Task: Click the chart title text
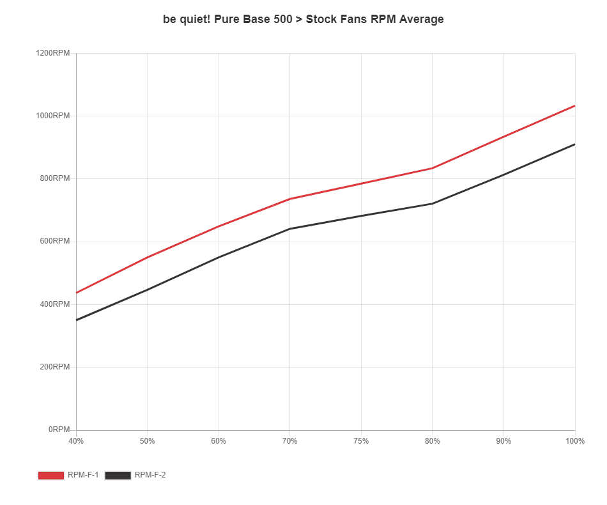(303, 19)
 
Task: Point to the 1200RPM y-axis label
(53, 53)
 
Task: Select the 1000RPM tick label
(53, 116)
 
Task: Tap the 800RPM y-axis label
(54, 178)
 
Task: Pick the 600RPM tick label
(54, 241)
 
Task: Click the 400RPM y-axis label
(54, 304)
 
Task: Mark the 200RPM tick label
(54, 367)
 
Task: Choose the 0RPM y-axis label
(58, 430)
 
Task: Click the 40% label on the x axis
(76, 441)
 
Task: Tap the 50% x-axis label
(148, 441)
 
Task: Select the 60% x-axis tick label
(219, 441)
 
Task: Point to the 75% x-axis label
(361, 441)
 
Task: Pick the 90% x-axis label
(503, 441)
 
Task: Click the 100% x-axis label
(575, 441)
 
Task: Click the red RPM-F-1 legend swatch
(51, 475)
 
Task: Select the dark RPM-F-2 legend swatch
(118, 475)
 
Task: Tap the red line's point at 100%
(575, 105)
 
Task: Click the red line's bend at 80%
(433, 168)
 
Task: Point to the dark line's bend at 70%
(290, 228)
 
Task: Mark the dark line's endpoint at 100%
(575, 144)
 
